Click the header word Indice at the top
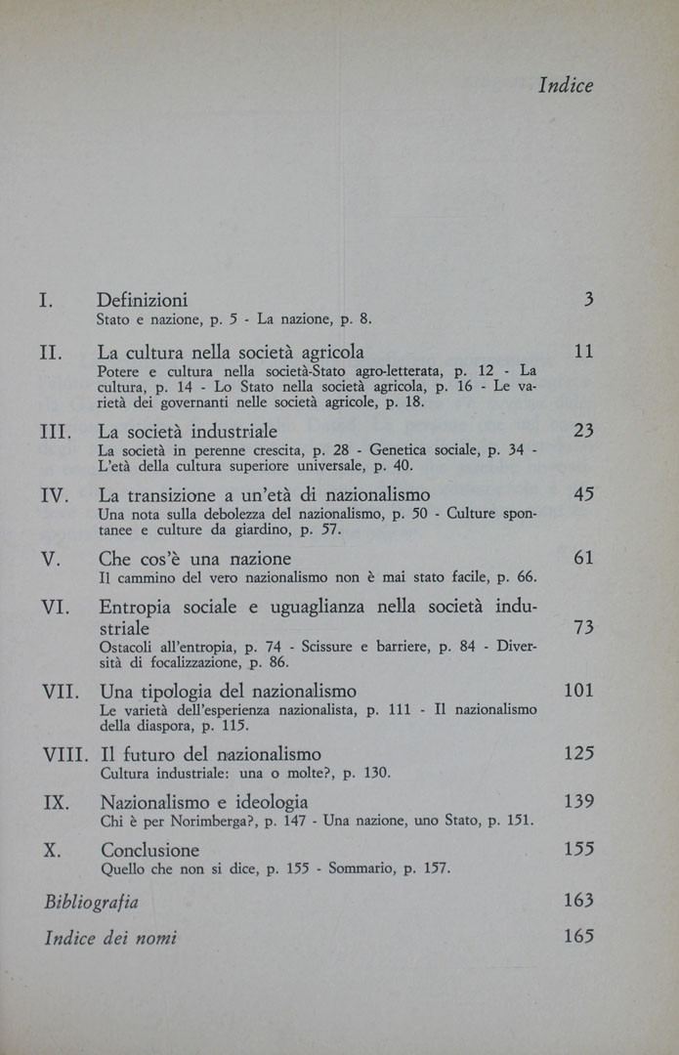[x=566, y=86]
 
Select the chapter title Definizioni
[x=143, y=300]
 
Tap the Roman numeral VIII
[x=66, y=754]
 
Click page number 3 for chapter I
[x=588, y=300]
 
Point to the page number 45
[x=583, y=495]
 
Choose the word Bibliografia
[x=92, y=902]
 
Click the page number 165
[x=578, y=936]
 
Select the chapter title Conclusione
[x=149, y=850]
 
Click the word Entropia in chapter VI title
[x=140, y=608]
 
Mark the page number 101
[x=578, y=691]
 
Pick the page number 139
[x=578, y=802]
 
